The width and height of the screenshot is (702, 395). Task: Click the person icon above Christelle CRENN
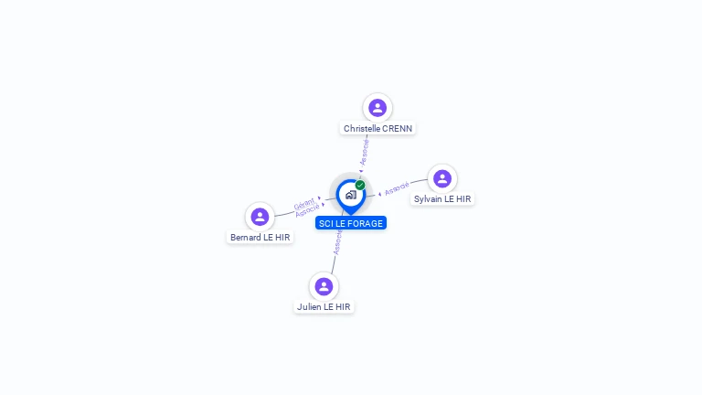click(x=378, y=108)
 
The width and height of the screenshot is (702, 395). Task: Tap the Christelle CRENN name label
click(x=378, y=129)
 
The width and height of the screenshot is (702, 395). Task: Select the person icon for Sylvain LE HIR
click(x=442, y=178)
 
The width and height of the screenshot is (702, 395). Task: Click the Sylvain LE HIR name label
click(x=442, y=198)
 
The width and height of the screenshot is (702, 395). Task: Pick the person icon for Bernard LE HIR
click(x=260, y=217)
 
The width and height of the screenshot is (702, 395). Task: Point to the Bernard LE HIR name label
click(x=260, y=238)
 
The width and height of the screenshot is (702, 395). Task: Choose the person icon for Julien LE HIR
click(x=324, y=286)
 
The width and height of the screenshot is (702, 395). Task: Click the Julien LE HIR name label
click(x=324, y=307)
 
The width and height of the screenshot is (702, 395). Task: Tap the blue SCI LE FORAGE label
click(x=351, y=223)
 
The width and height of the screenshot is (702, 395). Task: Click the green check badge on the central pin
click(x=360, y=185)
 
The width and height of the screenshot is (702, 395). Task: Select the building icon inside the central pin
click(x=350, y=194)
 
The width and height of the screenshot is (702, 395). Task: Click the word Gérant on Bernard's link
click(x=304, y=203)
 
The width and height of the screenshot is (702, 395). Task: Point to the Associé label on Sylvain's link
click(x=397, y=189)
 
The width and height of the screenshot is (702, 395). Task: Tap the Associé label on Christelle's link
click(x=365, y=151)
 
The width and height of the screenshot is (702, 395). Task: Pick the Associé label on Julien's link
click(x=338, y=242)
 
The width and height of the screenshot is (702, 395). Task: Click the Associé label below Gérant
click(x=307, y=211)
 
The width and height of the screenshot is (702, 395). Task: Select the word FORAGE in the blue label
click(x=365, y=223)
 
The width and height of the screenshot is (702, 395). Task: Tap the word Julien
click(x=309, y=307)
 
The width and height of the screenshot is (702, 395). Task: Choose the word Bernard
click(x=245, y=238)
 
